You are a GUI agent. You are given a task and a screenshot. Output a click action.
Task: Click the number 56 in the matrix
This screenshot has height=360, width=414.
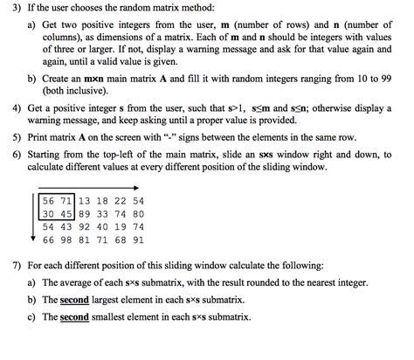tap(50, 200)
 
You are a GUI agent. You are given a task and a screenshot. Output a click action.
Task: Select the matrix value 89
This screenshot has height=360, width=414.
tap(86, 213)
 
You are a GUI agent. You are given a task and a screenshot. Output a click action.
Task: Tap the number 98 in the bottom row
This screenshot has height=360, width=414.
tap(67, 239)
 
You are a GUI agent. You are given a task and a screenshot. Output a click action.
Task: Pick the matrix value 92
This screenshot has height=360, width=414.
tap(86, 226)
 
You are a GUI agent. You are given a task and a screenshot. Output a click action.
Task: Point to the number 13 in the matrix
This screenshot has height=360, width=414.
tap(86, 200)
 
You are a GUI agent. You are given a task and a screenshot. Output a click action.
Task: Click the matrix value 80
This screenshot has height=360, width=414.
tap(138, 213)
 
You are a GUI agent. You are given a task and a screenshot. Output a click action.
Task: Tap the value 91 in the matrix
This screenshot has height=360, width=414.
tap(138, 239)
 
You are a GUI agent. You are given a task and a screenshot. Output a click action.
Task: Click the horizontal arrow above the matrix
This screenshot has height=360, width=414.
tap(87, 187)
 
